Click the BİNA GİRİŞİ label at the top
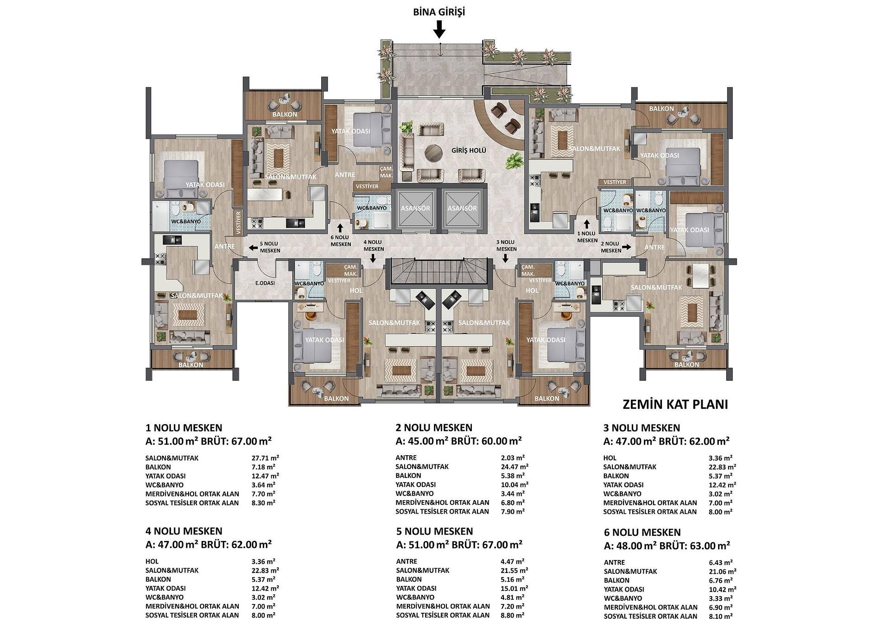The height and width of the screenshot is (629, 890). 439,12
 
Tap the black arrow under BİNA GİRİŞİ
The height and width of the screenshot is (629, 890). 439,31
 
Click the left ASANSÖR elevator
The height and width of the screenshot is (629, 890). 415,208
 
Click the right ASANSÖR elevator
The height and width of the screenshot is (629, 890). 462,208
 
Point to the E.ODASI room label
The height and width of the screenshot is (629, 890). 265,283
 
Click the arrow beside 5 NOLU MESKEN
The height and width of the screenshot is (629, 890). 253,248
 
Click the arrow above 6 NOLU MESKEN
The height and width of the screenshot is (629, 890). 340,228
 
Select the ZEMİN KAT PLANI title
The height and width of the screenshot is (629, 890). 675,404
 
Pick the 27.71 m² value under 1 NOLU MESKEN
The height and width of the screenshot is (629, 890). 265,458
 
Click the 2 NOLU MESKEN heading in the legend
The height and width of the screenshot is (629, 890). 434,428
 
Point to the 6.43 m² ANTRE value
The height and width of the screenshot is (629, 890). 719,562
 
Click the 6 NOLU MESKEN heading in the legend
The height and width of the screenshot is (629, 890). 642,533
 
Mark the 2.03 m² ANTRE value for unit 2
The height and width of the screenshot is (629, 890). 512,457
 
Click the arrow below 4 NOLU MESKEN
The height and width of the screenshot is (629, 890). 373,259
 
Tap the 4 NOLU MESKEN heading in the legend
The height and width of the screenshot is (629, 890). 184,531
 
